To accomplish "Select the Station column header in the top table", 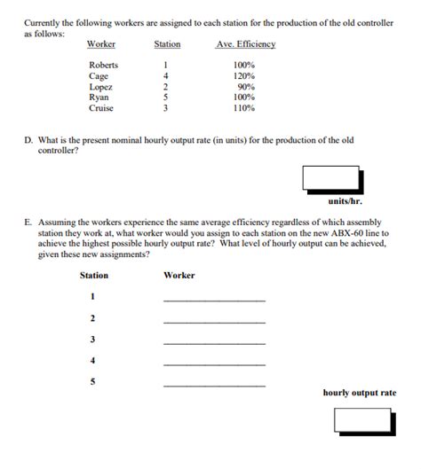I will click(x=167, y=44).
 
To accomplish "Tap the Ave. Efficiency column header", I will click(x=246, y=44).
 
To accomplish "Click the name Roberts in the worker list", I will click(x=103, y=65).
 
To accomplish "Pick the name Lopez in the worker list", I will click(x=100, y=87).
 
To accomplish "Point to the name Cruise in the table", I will click(x=101, y=108).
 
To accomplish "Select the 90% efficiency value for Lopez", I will click(x=245, y=87).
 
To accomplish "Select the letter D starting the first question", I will click(x=28, y=140).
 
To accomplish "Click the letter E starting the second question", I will click(x=28, y=223).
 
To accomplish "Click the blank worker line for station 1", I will click(x=214, y=300).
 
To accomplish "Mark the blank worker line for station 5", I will click(x=214, y=386).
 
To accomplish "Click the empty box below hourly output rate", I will click(x=362, y=421).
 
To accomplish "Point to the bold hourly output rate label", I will click(x=359, y=393).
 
